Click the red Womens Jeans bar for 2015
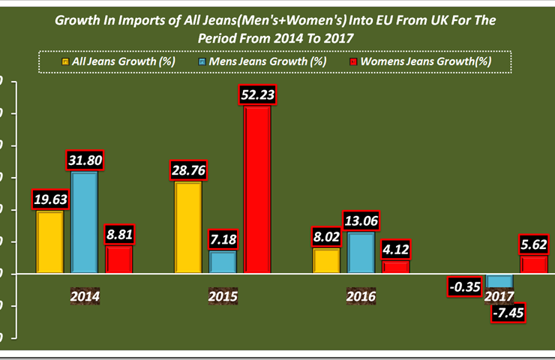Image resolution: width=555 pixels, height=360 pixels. (257, 190)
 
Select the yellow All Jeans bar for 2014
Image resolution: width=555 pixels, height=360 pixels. (50, 242)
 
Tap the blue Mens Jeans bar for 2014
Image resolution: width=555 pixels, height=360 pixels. (84, 223)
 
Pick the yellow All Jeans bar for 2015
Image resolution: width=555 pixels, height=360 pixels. (187, 228)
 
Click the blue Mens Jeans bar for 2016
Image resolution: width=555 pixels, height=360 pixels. (361, 253)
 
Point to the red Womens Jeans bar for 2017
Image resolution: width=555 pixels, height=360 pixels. (533, 265)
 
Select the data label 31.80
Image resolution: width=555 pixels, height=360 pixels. (84, 160)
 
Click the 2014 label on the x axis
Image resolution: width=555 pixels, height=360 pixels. (85, 296)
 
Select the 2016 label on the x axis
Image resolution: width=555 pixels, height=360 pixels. (361, 296)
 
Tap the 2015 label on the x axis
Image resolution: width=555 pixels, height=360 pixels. (223, 296)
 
